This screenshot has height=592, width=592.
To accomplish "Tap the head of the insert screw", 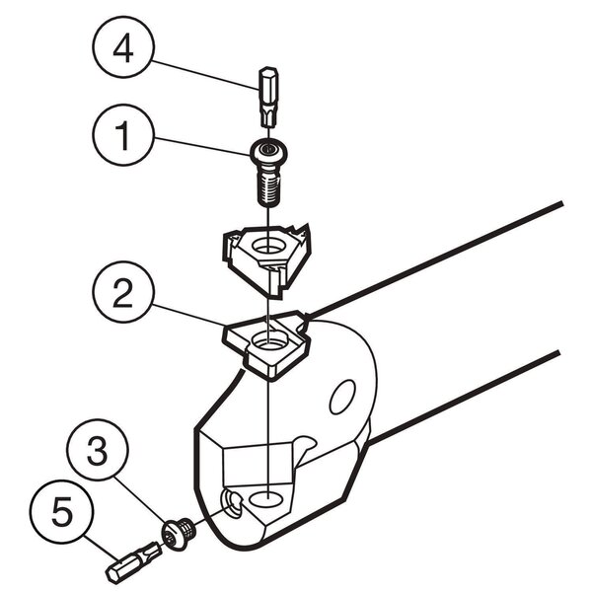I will (269, 151).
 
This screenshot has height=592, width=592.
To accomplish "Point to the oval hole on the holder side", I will (342, 398).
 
